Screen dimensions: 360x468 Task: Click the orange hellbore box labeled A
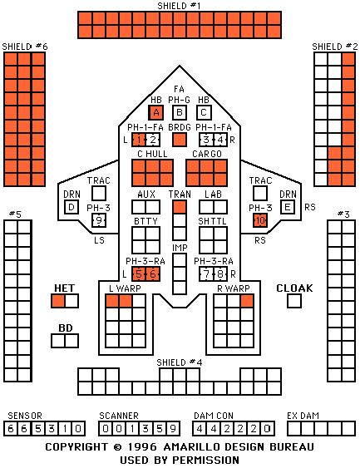pyautogui.click(x=156, y=112)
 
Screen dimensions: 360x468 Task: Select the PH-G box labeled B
pyautogui.click(x=180, y=112)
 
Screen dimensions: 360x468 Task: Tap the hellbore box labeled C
pyautogui.click(x=204, y=112)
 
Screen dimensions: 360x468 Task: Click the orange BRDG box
pyautogui.click(x=180, y=140)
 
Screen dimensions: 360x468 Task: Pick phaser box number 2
pyautogui.click(x=153, y=140)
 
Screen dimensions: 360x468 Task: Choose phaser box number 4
pyautogui.click(x=220, y=140)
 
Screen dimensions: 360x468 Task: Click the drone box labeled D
pyautogui.click(x=72, y=207)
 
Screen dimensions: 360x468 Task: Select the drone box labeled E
pyautogui.click(x=288, y=207)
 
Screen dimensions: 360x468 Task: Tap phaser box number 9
pyautogui.click(x=99, y=220)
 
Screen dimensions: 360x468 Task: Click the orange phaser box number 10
pyautogui.click(x=260, y=220)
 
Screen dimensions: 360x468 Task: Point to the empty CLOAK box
pyautogui.click(x=294, y=301)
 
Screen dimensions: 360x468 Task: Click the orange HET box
pyautogui.click(x=58, y=301)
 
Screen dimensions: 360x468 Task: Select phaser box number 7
pyautogui.click(x=206, y=274)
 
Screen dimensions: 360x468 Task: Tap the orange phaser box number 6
pyautogui.click(x=153, y=274)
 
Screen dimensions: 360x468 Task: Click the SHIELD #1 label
pyautogui.click(x=179, y=6)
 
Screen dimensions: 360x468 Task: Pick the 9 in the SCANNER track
pyautogui.click(x=173, y=429)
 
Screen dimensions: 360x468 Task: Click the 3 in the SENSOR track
pyautogui.click(x=52, y=429)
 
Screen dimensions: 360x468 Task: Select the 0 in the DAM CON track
pyautogui.click(x=267, y=429)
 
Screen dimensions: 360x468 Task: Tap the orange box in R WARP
pyautogui.click(x=247, y=301)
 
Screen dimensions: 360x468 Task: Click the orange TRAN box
pyautogui.click(x=180, y=207)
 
